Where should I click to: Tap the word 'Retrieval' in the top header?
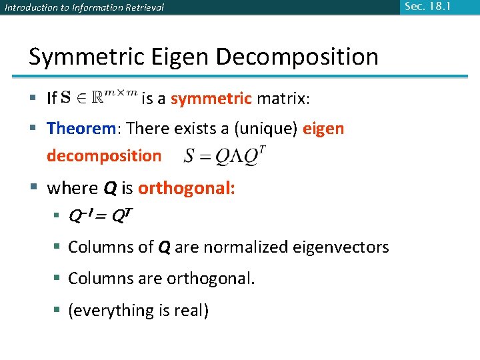142,8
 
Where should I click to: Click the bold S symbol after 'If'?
65,98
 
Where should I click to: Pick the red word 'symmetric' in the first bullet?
211,99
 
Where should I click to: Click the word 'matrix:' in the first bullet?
283,99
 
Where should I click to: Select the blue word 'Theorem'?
82,128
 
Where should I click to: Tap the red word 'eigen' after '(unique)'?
323,128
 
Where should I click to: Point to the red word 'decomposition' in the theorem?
104,156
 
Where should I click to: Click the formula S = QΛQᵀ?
225,156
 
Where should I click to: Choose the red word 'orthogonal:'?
186,188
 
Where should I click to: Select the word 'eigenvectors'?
342,247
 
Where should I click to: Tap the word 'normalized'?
246,247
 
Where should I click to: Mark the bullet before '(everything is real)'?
58,311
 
